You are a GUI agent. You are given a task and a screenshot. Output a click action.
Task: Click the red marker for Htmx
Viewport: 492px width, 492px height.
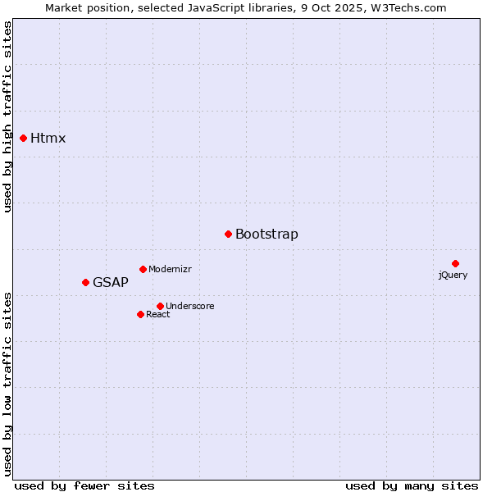click(x=23, y=138)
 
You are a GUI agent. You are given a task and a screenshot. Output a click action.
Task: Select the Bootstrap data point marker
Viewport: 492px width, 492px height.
click(x=228, y=234)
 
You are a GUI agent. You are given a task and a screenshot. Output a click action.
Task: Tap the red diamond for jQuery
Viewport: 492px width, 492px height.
click(x=455, y=263)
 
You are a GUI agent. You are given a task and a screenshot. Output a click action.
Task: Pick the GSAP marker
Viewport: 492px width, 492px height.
click(x=85, y=282)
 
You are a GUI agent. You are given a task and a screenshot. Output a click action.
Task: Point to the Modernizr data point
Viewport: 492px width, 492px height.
click(x=143, y=269)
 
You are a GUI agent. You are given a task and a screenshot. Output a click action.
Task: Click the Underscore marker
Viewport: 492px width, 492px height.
click(x=160, y=306)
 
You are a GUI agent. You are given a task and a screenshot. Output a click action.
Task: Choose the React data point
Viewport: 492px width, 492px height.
click(x=140, y=314)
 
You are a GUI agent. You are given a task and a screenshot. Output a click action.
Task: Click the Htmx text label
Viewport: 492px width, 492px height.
click(x=48, y=138)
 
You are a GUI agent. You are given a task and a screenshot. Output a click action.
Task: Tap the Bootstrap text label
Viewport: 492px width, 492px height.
click(x=266, y=234)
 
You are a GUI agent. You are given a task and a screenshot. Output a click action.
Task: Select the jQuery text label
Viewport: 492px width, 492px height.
click(x=453, y=275)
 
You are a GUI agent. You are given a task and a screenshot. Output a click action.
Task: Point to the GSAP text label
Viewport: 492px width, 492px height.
click(x=111, y=282)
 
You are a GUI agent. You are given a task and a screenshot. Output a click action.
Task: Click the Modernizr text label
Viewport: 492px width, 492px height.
click(x=170, y=269)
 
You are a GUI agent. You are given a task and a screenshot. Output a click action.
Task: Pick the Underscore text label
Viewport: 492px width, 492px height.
click(x=190, y=306)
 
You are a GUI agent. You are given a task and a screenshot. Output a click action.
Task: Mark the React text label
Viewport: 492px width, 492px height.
click(x=158, y=314)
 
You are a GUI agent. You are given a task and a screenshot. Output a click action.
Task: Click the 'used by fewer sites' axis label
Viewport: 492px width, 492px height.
click(x=84, y=485)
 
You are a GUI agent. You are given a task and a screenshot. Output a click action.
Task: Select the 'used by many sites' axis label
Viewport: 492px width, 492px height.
click(x=412, y=485)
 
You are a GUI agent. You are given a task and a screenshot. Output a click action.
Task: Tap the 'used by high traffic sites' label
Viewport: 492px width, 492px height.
click(x=7, y=116)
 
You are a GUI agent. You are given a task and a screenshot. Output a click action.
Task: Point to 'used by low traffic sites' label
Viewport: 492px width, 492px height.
click(x=7, y=383)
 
